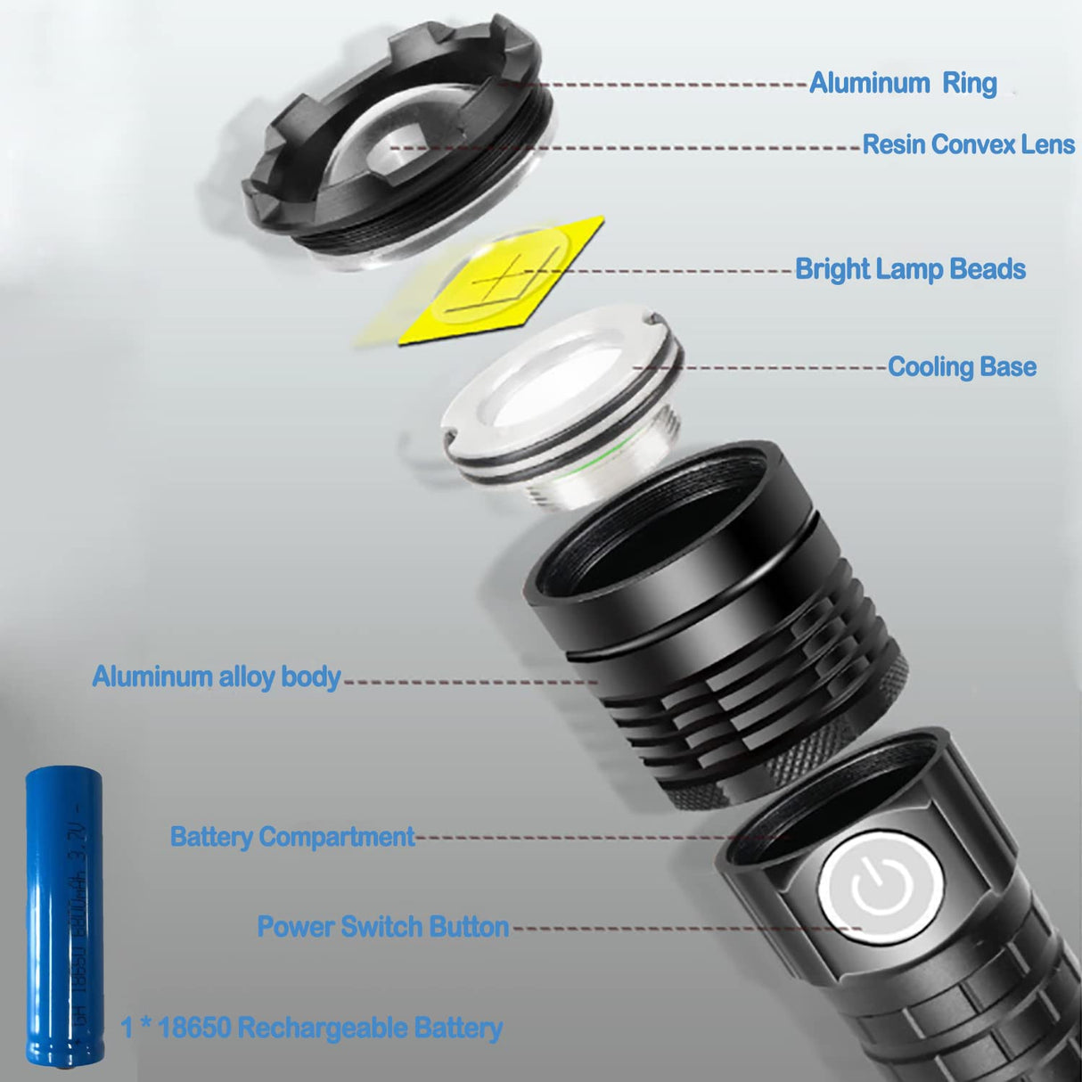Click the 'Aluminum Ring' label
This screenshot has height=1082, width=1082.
click(x=902, y=83)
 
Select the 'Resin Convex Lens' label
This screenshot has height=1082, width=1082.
click(x=968, y=144)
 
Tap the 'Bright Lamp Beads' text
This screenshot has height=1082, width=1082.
click(x=909, y=269)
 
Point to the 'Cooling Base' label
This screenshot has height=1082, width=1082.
click(x=962, y=367)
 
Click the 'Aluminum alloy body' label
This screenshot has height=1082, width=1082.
click(x=216, y=676)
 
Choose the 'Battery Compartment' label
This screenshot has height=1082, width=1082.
click(x=291, y=837)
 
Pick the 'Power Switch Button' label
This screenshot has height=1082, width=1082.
click(x=382, y=927)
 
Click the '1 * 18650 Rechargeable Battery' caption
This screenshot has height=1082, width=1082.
click(x=311, y=1028)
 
